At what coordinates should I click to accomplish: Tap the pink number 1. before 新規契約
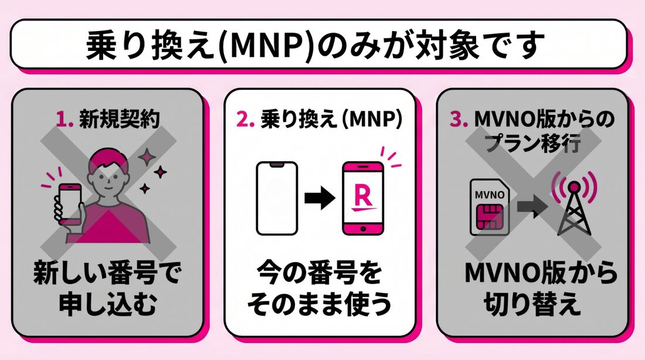click(66, 120)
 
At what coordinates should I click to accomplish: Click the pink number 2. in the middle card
click(248, 120)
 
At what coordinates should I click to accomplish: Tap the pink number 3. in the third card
click(460, 120)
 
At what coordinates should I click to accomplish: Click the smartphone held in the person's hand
click(69, 202)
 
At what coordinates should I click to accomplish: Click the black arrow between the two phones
click(320, 198)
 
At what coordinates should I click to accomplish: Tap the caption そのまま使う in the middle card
click(320, 306)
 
